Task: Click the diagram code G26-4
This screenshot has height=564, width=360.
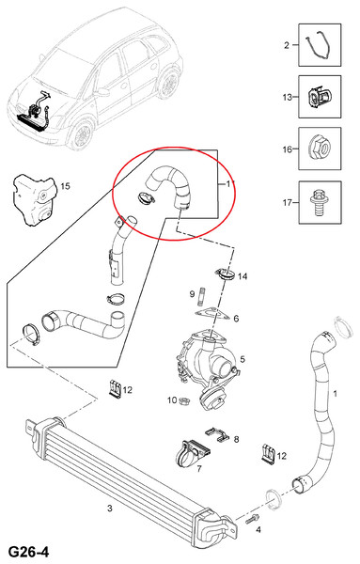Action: coord(28,552)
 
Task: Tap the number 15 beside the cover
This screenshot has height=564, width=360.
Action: coord(66,186)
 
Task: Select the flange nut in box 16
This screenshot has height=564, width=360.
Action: coord(320,149)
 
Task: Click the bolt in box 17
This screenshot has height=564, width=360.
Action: coord(319,203)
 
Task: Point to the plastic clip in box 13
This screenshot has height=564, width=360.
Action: coord(319,97)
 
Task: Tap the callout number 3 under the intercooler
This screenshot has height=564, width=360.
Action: coord(110,509)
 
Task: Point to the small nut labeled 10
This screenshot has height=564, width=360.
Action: coord(184,399)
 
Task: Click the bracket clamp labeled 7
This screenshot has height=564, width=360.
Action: coord(193,453)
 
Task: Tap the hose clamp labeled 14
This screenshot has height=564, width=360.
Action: coord(227,274)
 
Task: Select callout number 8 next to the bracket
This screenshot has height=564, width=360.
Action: coord(236,439)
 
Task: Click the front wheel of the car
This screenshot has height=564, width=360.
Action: coord(81,134)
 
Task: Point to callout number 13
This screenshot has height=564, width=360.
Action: coord(287,97)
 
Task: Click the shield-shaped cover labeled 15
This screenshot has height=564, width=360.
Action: coord(35,198)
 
